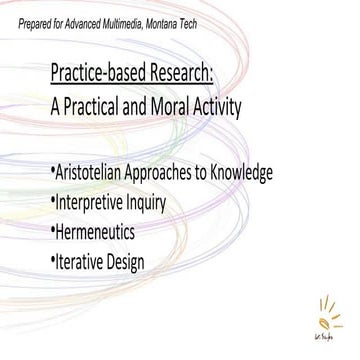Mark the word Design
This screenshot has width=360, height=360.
152,262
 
